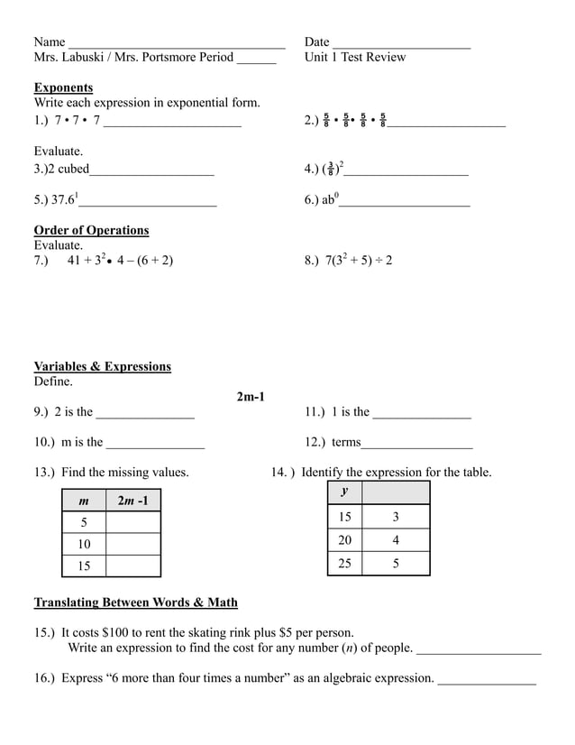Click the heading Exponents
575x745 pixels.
(63, 87)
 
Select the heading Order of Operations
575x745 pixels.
(91, 230)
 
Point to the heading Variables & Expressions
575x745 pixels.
(102, 366)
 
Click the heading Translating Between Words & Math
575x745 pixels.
(135, 602)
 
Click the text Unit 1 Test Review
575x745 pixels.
(355, 57)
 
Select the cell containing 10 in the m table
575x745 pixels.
(84, 544)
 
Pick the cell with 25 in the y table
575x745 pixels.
(344, 563)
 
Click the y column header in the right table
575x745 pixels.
(344, 492)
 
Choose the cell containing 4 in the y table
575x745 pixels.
(395, 539)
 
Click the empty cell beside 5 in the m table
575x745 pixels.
(132, 522)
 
